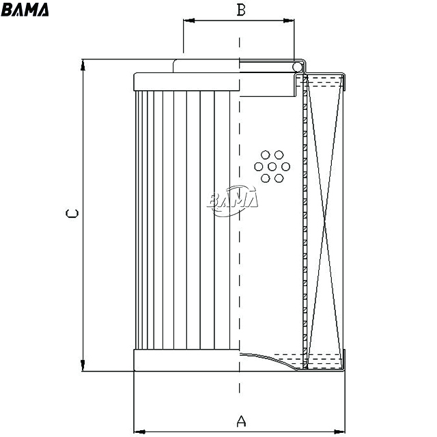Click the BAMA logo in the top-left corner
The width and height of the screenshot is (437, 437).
pyautogui.click(x=25, y=10)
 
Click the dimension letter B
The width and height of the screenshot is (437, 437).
pyautogui.click(x=241, y=10)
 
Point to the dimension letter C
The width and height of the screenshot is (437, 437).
pyautogui.click(x=72, y=214)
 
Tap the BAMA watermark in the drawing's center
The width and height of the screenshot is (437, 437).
pyautogui.click(x=233, y=199)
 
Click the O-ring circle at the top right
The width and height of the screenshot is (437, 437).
pyautogui.click(x=297, y=67)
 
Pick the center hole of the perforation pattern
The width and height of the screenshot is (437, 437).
pyautogui.click(x=272, y=167)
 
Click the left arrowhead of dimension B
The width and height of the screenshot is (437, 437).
pyautogui.click(x=188, y=20)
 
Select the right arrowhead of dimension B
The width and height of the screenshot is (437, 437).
pyautogui.click(x=289, y=20)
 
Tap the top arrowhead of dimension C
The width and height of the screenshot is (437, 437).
pyautogui.click(x=83, y=65)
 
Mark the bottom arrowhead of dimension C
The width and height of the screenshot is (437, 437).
pyautogui.click(x=83, y=365)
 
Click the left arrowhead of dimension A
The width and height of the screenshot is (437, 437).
pyautogui.click(x=139, y=432)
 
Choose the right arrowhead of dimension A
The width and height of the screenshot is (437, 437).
pyautogui.click(x=339, y=432)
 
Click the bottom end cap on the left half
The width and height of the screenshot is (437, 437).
pyautogui.click(x=186, y=360)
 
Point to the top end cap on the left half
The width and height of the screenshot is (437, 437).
pyautogui.click(x=186, y=82)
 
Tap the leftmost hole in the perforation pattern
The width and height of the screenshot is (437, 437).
pyautogui.click(x=259, y=167)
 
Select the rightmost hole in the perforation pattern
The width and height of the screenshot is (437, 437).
pyautogui.click(x=285, y=167)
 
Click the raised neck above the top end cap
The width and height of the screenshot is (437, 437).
pyautogui.click(x=206, y=66)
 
